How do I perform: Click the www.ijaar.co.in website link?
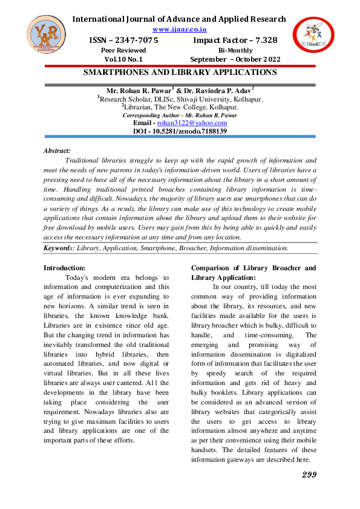point(180,29)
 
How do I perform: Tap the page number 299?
point(309,475)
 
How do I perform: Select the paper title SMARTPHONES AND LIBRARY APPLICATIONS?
point(180,73)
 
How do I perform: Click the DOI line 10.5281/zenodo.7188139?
point(180,131)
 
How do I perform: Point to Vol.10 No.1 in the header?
point(123,60)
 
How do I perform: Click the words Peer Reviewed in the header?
point(123,50)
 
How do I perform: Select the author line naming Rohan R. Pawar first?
point(180,90)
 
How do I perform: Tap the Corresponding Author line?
point(180,115)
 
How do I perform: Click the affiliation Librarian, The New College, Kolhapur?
point(180,107)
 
